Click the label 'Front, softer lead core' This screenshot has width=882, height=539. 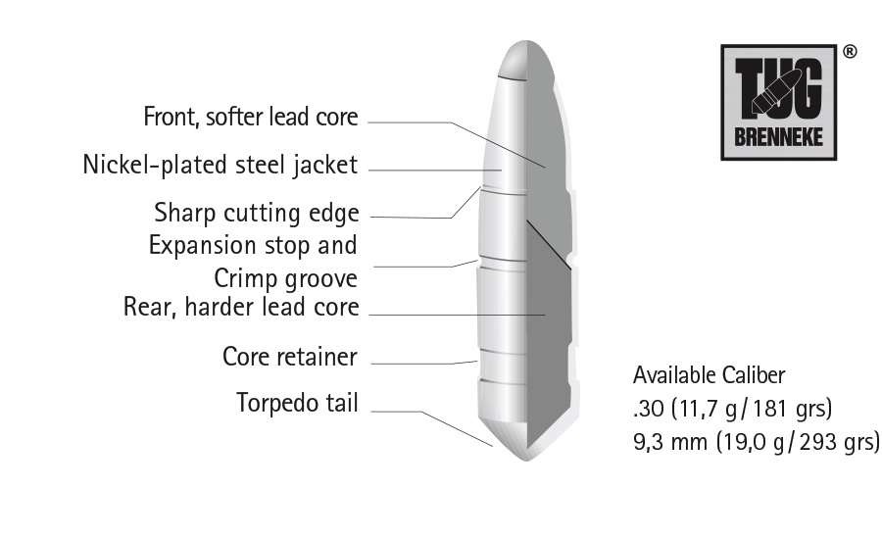[x=251, y=117]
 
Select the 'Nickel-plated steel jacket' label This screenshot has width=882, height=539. [x=220, y=166]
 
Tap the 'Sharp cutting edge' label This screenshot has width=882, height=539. [x=257, y=214]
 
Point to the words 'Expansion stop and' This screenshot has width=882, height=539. [x=253, y=246]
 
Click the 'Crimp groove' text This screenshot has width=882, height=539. [x=286, y=278]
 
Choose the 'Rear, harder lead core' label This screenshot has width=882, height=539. [x=241, y=307]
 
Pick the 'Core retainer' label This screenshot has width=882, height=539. [x=290, y=357]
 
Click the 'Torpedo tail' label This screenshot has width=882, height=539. [x=297, y=403]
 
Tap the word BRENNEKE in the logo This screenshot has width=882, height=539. [x=778, y=137]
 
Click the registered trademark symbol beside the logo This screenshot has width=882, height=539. [x=850, y=52]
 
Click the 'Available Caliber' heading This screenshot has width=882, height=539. [x=709, y=375]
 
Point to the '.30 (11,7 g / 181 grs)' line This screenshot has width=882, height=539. [x=732, y=409]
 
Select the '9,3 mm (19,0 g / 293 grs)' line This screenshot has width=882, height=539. [x=757, y=442]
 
